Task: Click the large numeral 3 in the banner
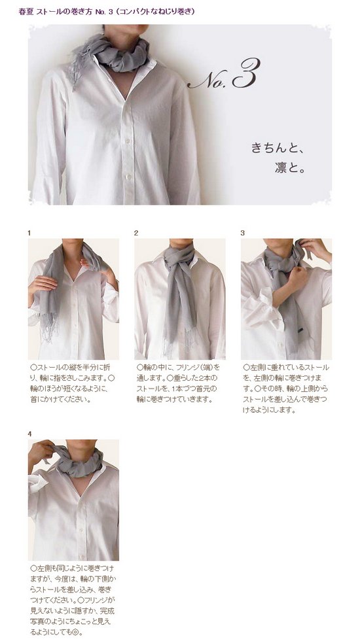[x=245, y=73]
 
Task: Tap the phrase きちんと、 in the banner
[x=278, y=148]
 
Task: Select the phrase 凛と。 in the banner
[x=290, y=167]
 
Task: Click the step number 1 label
[x=29, y=233]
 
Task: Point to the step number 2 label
[x=136, y=233]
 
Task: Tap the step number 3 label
[x=243, y=233]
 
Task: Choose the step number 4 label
[x=29, y=434]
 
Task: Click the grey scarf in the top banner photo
[x=119, y=53]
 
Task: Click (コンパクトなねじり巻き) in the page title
[x=154, y=12]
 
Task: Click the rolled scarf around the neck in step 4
[x=78, y=461]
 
